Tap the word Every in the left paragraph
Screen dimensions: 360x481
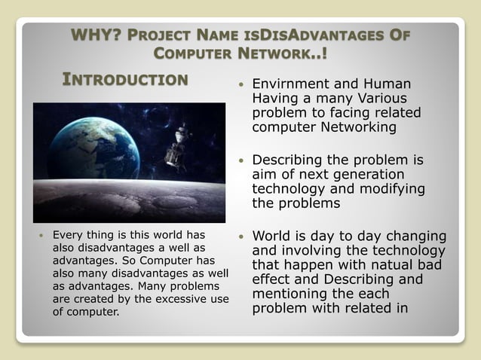click(x=66, y=234)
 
